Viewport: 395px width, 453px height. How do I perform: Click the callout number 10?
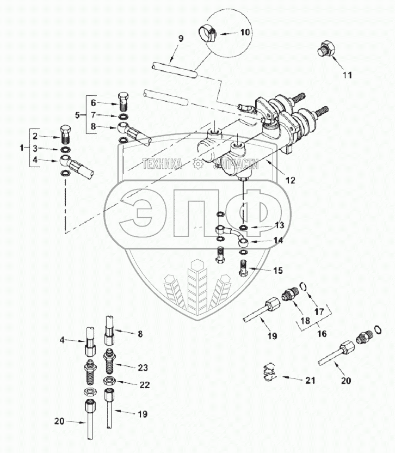point(245,33)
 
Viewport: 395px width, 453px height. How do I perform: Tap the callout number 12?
point(290,179)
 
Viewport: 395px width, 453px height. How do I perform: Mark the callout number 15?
point(278,270)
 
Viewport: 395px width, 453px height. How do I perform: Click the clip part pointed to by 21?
point(267,372)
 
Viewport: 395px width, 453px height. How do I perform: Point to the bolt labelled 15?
point(243,268)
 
